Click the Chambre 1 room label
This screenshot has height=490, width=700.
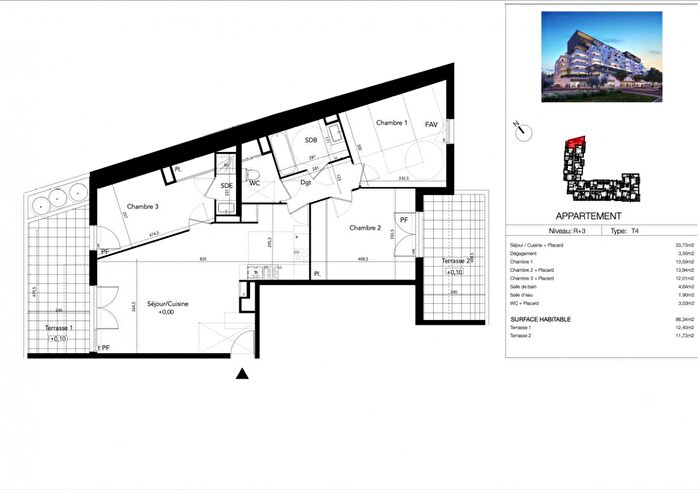392,122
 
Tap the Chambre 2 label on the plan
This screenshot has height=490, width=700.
365,228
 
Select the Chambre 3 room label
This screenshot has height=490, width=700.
142,208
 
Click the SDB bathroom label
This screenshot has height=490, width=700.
311,141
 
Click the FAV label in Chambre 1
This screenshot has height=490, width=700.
432,124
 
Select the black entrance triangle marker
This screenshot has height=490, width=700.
241,375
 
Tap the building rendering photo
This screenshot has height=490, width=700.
601,58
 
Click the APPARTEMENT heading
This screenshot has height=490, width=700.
587,216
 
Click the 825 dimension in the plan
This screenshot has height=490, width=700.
203,260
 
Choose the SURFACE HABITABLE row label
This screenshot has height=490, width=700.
541,319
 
